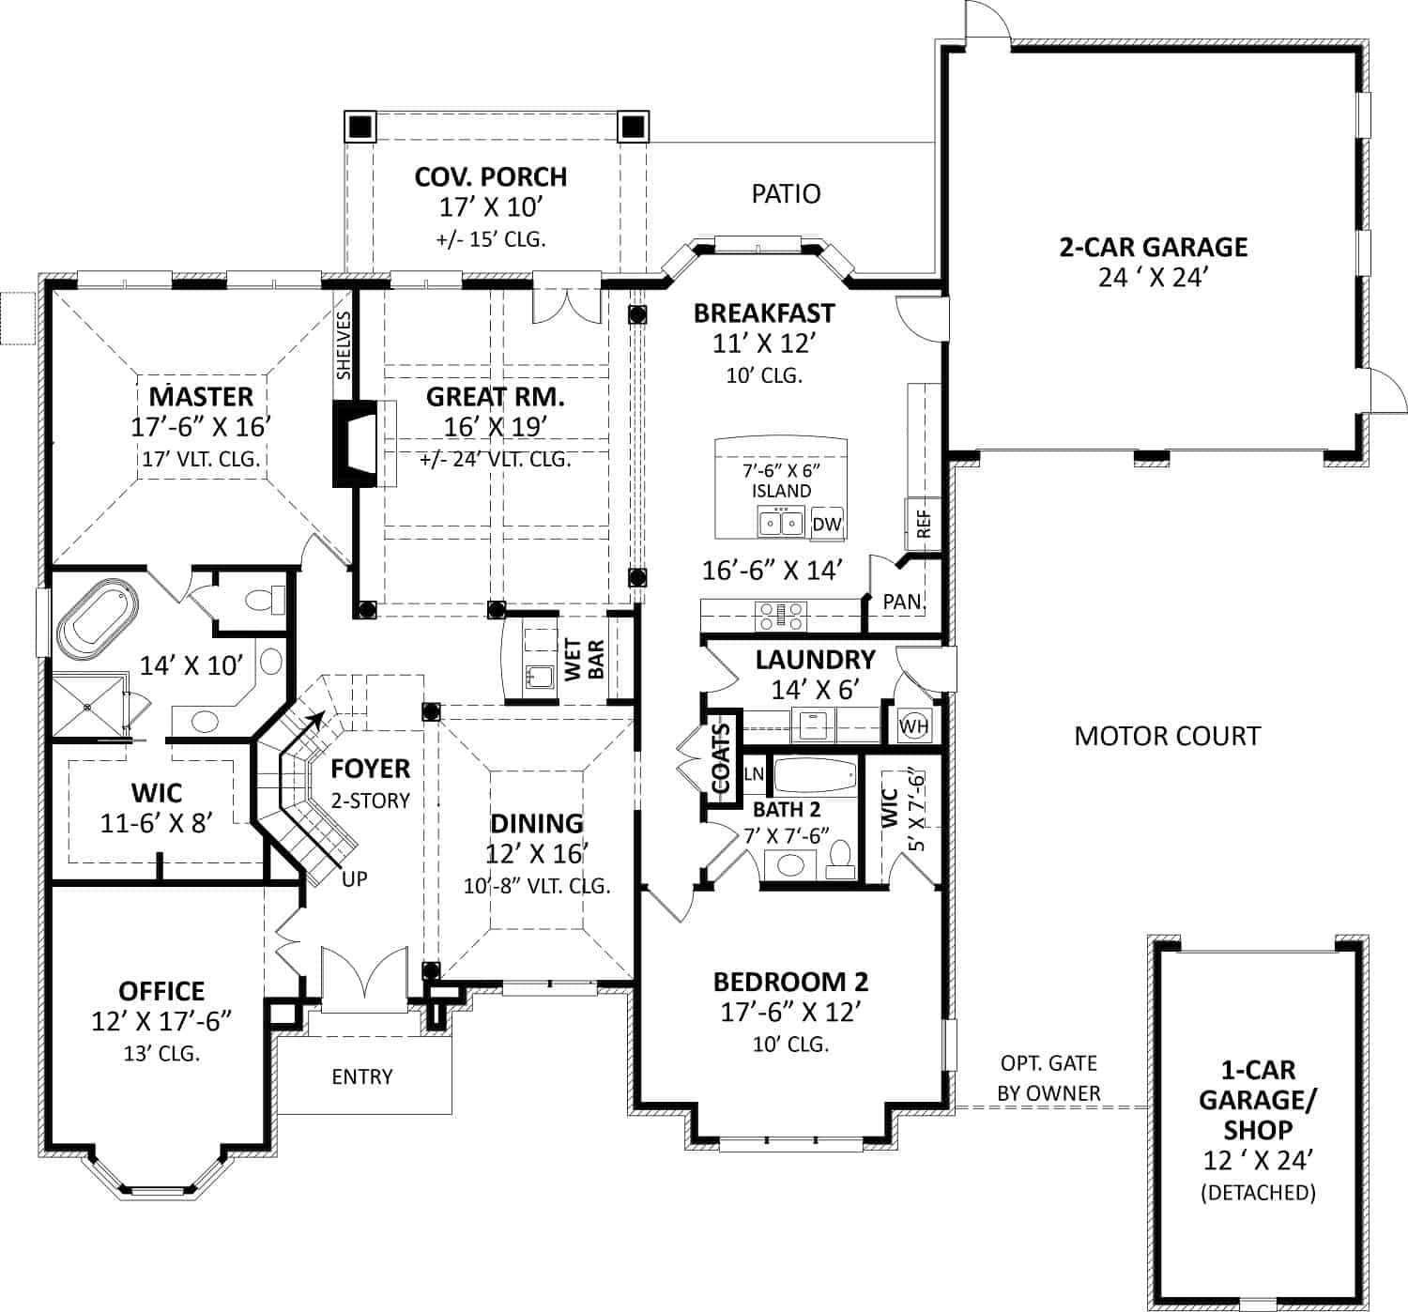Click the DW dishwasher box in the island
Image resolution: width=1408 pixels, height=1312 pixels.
(x=827, y=524)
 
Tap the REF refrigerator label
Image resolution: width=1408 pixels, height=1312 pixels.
(x=923, y=524)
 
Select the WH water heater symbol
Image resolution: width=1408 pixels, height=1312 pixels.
(x=913, y=725)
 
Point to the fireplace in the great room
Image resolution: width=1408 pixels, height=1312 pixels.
(x=357, y=443)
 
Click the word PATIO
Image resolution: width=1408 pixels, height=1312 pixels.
(x=786, y=193)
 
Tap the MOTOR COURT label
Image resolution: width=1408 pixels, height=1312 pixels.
(x=1167, y=736)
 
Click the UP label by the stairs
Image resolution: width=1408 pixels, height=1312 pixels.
(x=355, y=879)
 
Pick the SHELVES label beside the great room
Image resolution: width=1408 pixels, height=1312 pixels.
(x=344, y=345)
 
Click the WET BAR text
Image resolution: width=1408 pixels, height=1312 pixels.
(x=583, y=659)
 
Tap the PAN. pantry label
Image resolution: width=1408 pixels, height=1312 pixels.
(x=904, y=602)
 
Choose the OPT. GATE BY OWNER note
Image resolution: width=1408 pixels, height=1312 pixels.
(x=1048, y=1078)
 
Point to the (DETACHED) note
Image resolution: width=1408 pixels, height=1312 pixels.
(x=1257, y=1193)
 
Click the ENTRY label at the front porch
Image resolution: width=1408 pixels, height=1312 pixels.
(x=361, y=1076)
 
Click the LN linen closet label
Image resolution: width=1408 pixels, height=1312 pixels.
(x=754, y=774)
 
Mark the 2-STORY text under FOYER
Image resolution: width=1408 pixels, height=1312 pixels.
(x=370, y=801)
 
